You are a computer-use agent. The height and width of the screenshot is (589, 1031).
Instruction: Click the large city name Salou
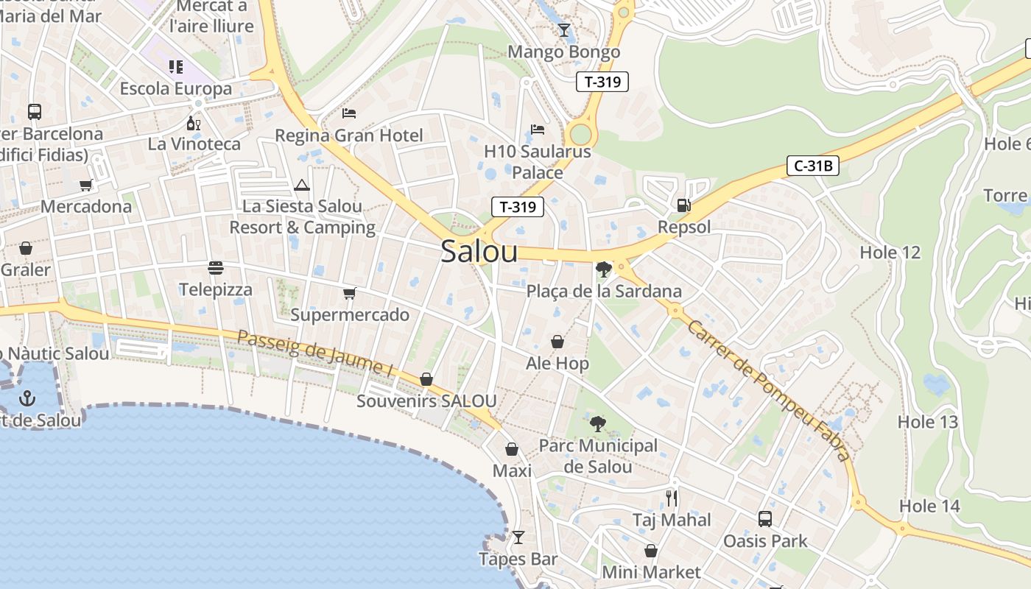(x=479, y=252)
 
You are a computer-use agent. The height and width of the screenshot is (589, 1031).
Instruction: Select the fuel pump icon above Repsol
(x=684, y=205)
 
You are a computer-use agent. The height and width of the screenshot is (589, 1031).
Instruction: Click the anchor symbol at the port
(x=27, y=398)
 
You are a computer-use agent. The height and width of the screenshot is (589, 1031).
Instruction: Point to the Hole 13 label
(x=928, y=422)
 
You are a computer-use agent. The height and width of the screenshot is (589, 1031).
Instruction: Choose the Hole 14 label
(x=929, y=506)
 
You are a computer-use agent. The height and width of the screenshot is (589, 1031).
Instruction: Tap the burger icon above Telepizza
(x=216, y=267)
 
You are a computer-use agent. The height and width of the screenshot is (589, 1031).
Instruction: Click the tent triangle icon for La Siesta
(x=302, y=185)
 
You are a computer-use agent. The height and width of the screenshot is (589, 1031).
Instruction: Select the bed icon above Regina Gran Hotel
(x=349, y=113)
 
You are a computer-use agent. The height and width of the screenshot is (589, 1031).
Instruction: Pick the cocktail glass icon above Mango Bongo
(x=564, y=30)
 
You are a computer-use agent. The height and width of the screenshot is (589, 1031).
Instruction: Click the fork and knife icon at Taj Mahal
(x=672, y=498)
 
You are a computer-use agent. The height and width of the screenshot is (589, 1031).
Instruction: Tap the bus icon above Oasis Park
(x=765, y=519)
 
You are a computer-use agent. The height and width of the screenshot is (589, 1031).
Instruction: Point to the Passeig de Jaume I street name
(x=314, y=353)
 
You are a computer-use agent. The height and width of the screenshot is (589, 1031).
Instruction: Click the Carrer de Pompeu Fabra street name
(x=768, y=389)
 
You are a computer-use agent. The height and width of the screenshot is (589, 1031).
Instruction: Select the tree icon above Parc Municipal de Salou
(x=598, y=424)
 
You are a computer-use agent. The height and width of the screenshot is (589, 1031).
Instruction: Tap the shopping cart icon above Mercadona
(x=86, y=185)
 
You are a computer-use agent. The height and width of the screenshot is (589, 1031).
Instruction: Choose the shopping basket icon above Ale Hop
(x=557, y=342)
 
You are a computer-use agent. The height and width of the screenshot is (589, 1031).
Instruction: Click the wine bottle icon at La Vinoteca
(x=194, y=123)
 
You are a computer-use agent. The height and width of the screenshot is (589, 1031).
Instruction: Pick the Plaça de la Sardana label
(x=604, y=292)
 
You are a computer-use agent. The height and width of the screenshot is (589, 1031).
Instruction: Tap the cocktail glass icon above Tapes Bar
(x=518, y=537)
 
